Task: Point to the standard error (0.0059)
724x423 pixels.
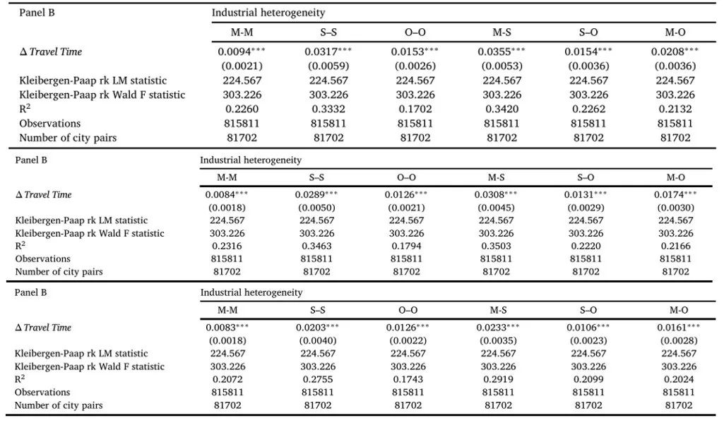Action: click(328, 66)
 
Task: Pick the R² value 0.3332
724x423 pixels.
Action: click(328, 109)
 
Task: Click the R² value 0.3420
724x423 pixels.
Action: click(502, 109)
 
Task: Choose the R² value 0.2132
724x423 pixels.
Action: click(675, 109)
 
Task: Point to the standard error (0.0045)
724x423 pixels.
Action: click(497, 208)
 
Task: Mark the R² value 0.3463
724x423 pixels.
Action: click(316, 246)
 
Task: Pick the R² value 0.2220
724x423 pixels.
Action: click(586, 246)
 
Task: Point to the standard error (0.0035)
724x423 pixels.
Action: click(498, 341)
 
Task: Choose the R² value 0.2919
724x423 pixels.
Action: click(498, 380)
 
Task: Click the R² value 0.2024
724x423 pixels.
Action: click(679, 380)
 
